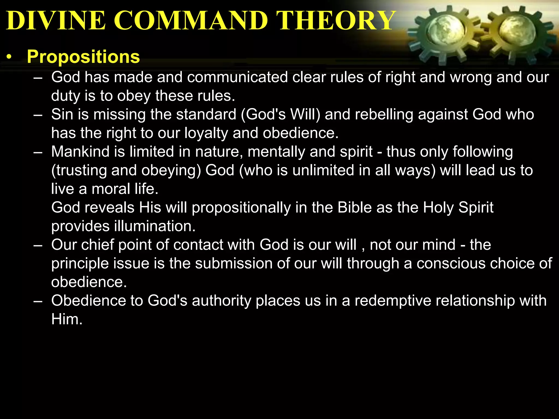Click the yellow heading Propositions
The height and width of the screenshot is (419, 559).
(x=83, y=57)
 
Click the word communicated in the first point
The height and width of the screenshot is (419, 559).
(x=237, y=77)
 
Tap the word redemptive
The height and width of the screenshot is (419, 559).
(x=393, y=301)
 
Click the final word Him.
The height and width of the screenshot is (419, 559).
(x=67, y=319)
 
